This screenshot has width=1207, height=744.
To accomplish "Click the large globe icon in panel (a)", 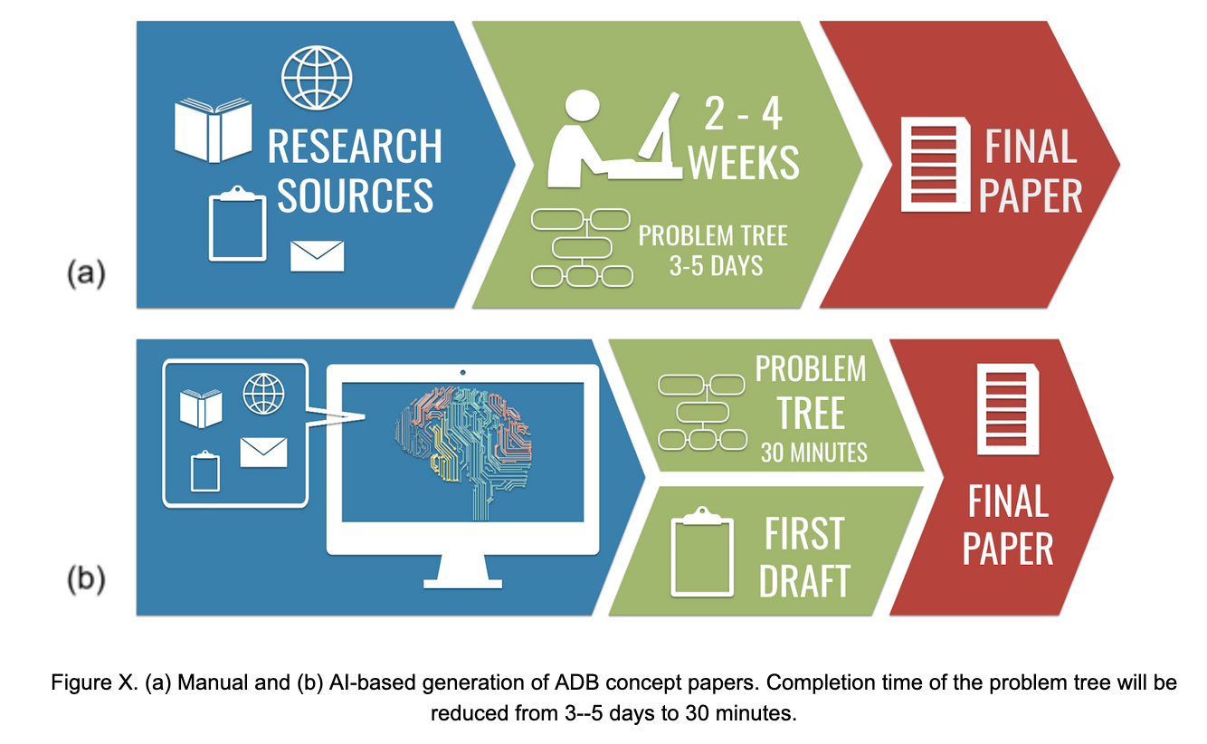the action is click(317, 78).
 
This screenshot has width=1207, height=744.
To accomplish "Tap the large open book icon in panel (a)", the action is click(214, 130).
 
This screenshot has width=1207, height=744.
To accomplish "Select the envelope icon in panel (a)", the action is click(317, 256).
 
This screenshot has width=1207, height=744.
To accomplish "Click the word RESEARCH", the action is click(355, 146).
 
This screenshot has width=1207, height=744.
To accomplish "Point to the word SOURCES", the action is click(355, 196).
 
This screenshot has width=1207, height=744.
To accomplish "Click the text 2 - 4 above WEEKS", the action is click(743, 114).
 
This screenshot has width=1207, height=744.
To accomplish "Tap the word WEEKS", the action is click(744, 162).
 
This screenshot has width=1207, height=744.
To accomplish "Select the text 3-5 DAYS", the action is click(716, 266).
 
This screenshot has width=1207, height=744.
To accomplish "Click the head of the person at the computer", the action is click(582, 106).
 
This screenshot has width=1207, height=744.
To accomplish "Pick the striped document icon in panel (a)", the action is click(936, 165).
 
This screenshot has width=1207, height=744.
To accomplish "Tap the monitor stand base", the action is click(462, 584).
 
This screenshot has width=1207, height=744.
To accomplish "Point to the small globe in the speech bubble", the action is click(263, 394).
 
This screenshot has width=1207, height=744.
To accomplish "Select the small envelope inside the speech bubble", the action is click(263, 453).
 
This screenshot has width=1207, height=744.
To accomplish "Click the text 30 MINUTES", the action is click(813, 453).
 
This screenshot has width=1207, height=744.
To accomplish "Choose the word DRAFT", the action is click(804, 581).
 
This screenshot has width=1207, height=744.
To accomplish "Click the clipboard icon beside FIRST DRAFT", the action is click(702, 552).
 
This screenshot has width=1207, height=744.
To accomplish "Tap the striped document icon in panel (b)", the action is click(1008, 409).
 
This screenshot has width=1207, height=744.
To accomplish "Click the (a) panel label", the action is click(86, 272).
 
